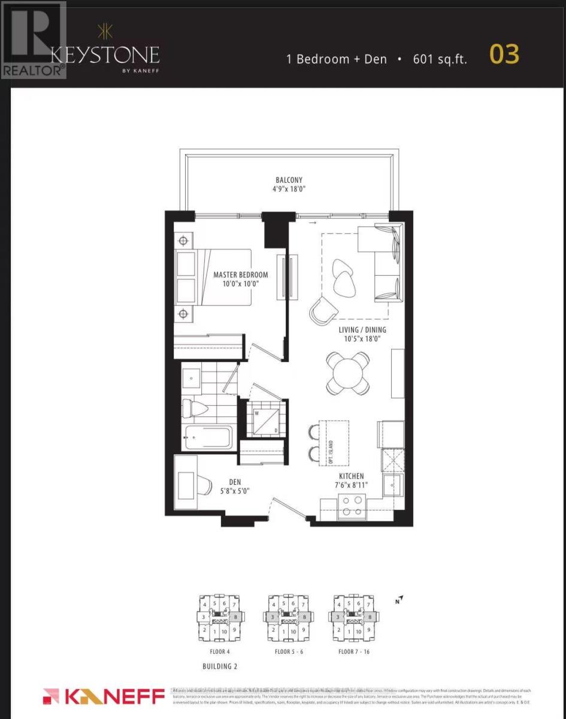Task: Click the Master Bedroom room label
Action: (x=241, y=275)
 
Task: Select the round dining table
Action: (x=348, y=373)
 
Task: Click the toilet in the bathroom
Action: (x=198, y=409)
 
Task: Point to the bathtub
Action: (x=207, y=438)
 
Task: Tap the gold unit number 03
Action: (x=504, y=55)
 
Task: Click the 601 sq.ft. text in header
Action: (x=440, y=59)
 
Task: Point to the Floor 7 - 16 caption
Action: (x=353, y=651)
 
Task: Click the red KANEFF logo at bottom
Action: (x=104, y=697)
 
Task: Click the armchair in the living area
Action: (x=322, y=310)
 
